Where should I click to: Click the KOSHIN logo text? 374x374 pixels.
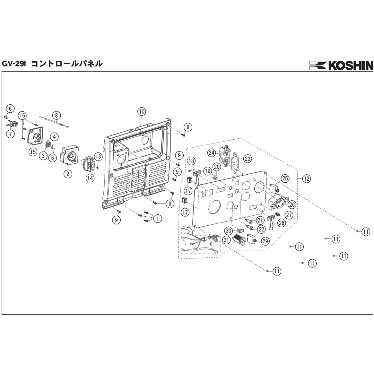point(350,65)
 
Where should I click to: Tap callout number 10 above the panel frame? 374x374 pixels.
point(142,112)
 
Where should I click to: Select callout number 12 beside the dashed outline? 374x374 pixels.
point(307,178)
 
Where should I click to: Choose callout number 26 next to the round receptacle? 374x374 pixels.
point(292,204)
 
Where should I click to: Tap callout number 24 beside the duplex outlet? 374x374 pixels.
point(211,153)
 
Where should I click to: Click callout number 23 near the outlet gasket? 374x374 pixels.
point(248,158)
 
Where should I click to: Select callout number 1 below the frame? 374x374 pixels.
point(157,219)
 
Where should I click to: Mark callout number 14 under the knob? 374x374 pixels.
point(90,177)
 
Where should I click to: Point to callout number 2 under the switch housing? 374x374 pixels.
point(68,174)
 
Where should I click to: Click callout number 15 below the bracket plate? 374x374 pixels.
point(33,152)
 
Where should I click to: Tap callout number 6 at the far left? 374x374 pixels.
point(10,109)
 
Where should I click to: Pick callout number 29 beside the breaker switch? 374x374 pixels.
point(265,241)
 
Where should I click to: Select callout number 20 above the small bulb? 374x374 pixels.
point(217,167)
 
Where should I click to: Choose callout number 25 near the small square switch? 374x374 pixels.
point(285,179)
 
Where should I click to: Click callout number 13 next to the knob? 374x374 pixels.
point(98,157)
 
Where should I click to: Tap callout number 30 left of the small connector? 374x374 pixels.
point(228,230)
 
